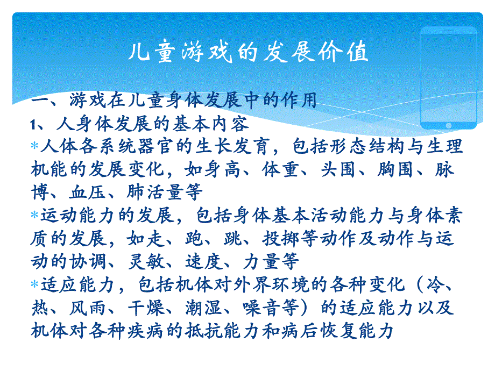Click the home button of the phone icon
point(448,125)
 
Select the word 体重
point(280,170)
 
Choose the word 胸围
point(395,170)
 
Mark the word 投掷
point(280,238)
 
